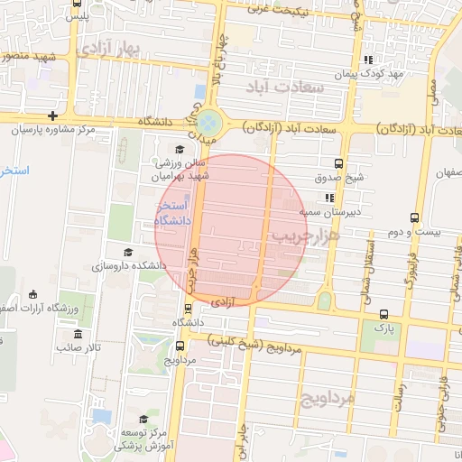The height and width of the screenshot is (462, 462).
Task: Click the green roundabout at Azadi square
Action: point(208,121)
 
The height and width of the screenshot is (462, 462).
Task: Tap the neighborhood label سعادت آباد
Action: point(282,87)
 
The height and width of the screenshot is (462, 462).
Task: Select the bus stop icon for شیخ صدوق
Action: point(338,163)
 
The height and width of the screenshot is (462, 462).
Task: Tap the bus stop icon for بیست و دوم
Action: point(414,217)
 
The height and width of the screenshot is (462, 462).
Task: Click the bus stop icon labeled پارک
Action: point(384,314)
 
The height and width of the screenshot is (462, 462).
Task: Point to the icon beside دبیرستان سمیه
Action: point(329,197)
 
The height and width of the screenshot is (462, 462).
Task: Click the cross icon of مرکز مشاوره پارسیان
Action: point(54,115)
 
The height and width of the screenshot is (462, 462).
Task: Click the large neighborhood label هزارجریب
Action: point(309,236)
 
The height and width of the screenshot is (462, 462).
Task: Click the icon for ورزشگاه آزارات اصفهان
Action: point(33,295)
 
